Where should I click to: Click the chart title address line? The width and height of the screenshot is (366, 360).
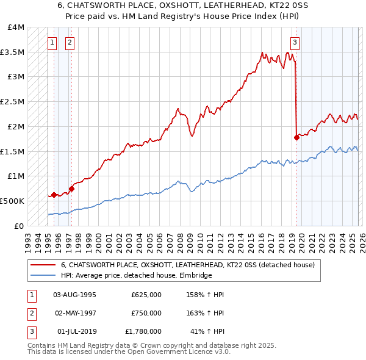click(182, 5)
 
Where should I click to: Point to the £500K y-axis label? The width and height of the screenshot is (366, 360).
click(13, 201)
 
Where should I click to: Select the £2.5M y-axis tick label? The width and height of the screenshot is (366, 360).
click(13, 102)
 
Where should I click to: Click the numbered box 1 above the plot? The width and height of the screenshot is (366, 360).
click(53, 43)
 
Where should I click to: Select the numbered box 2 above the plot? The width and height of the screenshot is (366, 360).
click(71, 43)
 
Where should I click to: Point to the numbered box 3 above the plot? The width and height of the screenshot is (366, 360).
click(295, 43)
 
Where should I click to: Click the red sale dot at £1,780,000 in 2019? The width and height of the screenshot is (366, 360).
click(297, 137)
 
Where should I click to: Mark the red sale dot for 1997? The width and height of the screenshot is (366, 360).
click(71, 189)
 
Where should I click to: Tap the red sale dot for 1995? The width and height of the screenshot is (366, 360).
click(54, 195)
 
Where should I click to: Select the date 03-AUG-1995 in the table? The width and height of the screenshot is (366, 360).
click(74, 295)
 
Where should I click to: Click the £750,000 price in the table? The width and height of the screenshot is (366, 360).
click(146, 313)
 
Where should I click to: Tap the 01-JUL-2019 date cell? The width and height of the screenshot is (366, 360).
click(74, 331)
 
